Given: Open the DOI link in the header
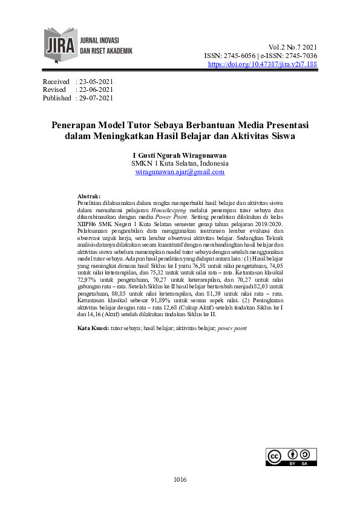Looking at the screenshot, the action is [262, 64].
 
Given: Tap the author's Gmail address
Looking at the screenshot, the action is [180, 172].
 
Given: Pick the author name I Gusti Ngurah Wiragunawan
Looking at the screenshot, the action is [180, 155].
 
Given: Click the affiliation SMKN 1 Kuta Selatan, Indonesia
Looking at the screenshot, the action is [180, 163].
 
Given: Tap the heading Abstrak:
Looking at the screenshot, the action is [90, 196].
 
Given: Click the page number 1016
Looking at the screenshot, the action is [180, 480].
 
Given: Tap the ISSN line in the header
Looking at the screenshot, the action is [260, 56].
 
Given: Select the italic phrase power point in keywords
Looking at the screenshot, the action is [232, 328].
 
